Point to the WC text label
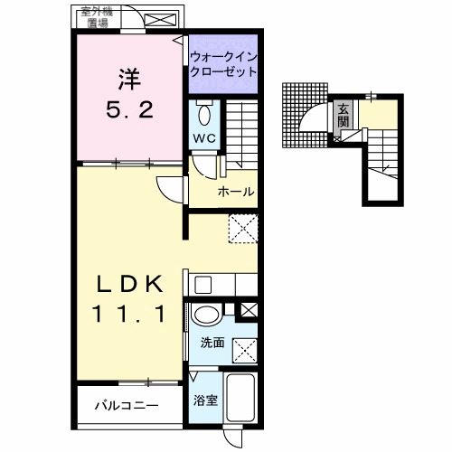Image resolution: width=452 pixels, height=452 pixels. tap(203, 139)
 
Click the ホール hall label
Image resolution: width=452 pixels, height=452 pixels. tap(235, 192)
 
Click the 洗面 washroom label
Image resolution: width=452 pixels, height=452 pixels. tap(212, 344)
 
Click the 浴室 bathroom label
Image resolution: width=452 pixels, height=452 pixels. tap(203, 399)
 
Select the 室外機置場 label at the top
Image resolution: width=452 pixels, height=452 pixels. tap(97, 17)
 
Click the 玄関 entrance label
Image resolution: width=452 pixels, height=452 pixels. tap(344, 117)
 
